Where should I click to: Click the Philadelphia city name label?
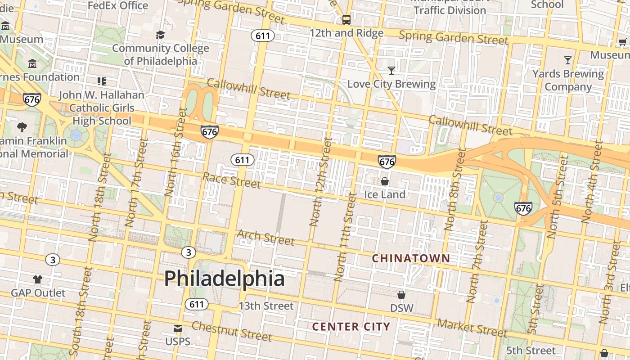(224, 279)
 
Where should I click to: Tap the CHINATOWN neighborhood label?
(411, 258)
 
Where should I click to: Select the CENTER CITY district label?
(351, 327)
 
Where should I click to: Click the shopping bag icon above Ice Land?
(385, 181)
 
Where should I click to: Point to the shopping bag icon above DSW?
(401, 295)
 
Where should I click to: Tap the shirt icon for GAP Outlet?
(38, 279)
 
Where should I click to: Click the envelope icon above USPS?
(178, 328)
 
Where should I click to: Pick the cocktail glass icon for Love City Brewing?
(391, 70)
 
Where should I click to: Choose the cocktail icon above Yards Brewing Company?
(568, 60)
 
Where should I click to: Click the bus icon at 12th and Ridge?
(346, 19)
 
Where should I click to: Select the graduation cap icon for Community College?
(160, 35)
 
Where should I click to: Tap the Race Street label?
(231, 180)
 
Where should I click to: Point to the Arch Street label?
(265, 237)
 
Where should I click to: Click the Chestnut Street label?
(232, 331)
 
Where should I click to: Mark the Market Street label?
(472, 328)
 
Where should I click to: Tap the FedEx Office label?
(118, 5)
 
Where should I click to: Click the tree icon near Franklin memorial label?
(22, 127)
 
